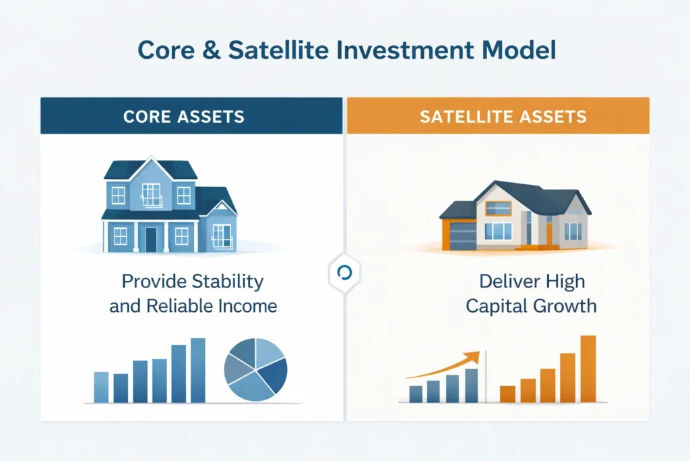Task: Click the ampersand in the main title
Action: click(211, 50)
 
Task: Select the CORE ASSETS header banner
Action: click(191, 115)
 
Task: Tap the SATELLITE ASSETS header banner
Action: click(498, 115)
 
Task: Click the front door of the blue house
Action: click(151, 240)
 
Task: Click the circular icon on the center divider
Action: click(344, 273)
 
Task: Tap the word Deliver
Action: click(505, 281)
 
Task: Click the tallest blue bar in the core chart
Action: click(197, 370)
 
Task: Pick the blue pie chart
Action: click(255, 370)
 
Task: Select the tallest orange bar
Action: click(588, 369)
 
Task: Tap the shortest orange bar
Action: click(507, 394)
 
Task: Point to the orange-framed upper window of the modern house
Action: click(498, 209)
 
